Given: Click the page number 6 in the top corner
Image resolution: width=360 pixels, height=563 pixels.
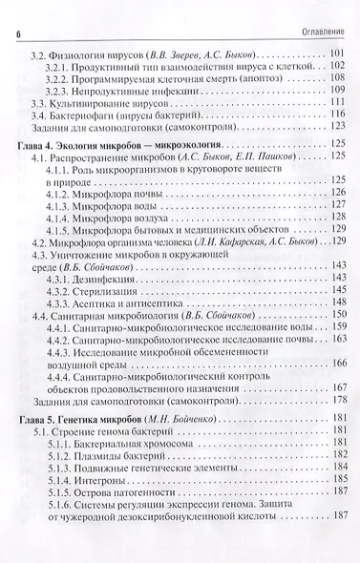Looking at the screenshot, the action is click(18, 10).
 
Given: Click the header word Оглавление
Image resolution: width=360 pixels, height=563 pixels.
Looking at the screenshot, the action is click(319, 10).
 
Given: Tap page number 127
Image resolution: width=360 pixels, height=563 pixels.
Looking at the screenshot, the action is click(335, 206).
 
